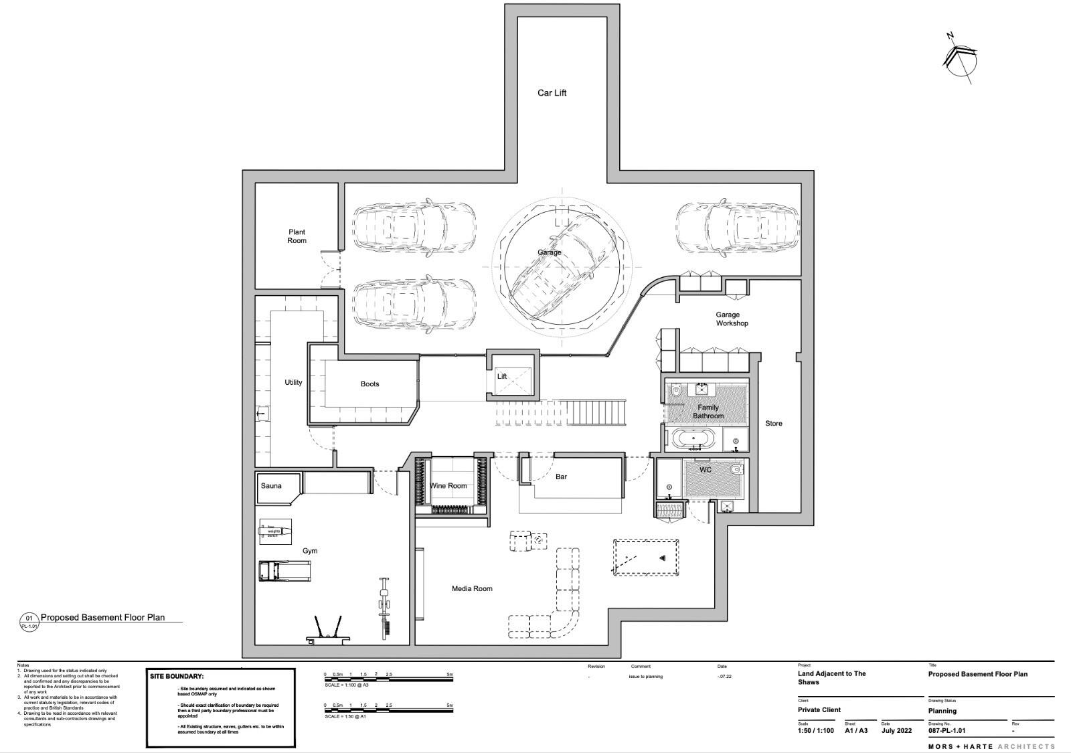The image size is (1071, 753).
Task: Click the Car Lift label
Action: [x=552, y=93]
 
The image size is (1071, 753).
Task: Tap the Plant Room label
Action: [x=297, y=236]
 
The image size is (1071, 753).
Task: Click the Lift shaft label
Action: [x=502, y=377]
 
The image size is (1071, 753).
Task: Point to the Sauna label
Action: [x=271, y=486]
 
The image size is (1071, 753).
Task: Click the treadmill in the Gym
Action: [x=285, y=571]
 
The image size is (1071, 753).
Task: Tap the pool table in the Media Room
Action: [x=647, y=557]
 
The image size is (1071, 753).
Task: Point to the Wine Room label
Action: [x=448, y=486]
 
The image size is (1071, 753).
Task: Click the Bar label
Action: [x=561, y=477]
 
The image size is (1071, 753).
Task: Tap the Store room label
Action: [x=774, y=423]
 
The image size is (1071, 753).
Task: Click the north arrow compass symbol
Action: [x=960, y=61]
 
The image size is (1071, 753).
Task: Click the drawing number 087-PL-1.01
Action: [x=946, y=731]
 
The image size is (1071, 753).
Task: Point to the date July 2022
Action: [x=897, y=731]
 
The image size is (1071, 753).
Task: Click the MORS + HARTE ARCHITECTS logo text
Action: [x=991, y=746]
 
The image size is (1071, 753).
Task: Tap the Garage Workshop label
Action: [x=732, y=319]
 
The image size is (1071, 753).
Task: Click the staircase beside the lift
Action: [x=596, y=412]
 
